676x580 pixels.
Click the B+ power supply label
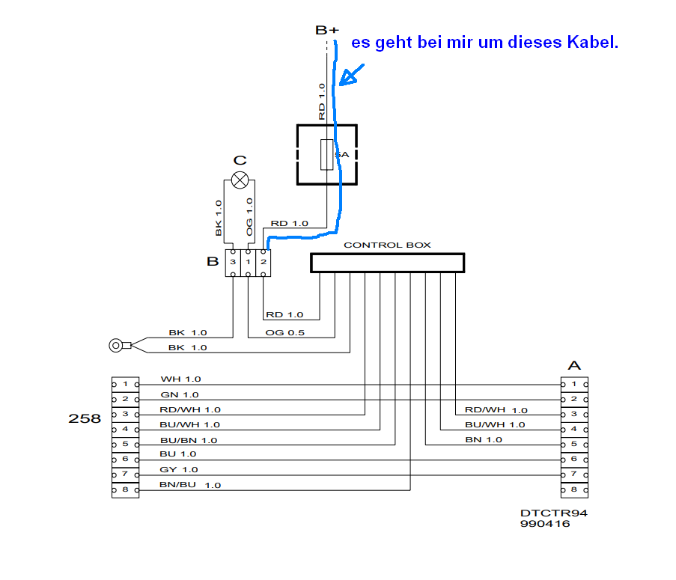[x=326, y=30]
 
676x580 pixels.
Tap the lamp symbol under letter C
[x=240, y=180]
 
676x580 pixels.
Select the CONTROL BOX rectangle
[x=387, y=263]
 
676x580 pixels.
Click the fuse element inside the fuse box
[x=326, y=154]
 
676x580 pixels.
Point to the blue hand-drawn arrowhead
[x=346, y=78]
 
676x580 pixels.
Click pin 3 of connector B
[x=233, y=263]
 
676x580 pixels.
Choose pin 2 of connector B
[x=263, y=263]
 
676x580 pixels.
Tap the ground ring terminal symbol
[x=117, y=345]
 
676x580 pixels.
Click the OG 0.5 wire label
[x=285, y=332]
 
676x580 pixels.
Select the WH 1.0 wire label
[x=180, y=379]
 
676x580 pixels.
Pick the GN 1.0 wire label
[x=180, y=394]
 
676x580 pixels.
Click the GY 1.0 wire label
[x=180, y=469]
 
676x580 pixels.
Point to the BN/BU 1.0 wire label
[x=190, y=485]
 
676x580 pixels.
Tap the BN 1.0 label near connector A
[x=484, y=439]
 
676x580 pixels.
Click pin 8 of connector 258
[x=125, y=490]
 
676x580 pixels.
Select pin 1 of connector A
[x=574, y=384]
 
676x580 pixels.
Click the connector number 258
[x=85, y=419]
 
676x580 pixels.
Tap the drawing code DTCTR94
[x=554, y=513]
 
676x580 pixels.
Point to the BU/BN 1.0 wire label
[x=189, y=440]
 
